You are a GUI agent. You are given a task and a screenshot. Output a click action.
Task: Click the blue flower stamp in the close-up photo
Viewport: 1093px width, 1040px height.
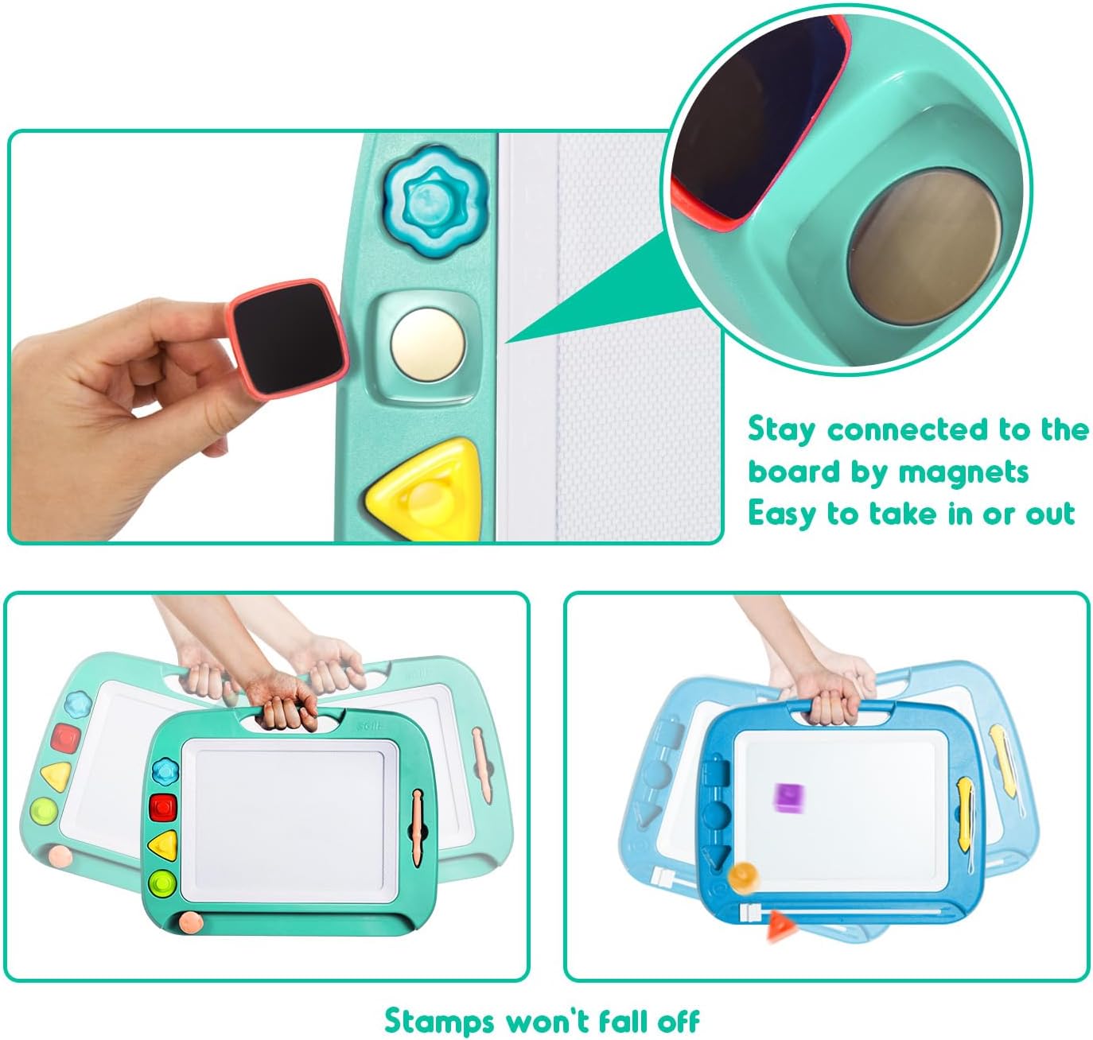click(437, 201)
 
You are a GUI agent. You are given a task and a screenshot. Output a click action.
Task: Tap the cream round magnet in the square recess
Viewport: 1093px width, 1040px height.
click(427, 345)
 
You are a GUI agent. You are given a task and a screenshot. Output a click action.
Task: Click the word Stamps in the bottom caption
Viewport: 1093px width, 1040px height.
click(439, 1020)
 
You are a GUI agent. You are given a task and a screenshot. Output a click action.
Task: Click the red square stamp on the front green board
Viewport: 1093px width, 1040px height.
click(162, 807)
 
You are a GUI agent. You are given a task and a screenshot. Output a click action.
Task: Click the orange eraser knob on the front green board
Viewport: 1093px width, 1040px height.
click(191, 923)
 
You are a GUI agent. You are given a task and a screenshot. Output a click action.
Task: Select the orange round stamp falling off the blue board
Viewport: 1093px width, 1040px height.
click(744, 878)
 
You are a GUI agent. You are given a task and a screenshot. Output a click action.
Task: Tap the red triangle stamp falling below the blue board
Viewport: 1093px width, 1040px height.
click(780, 926)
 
